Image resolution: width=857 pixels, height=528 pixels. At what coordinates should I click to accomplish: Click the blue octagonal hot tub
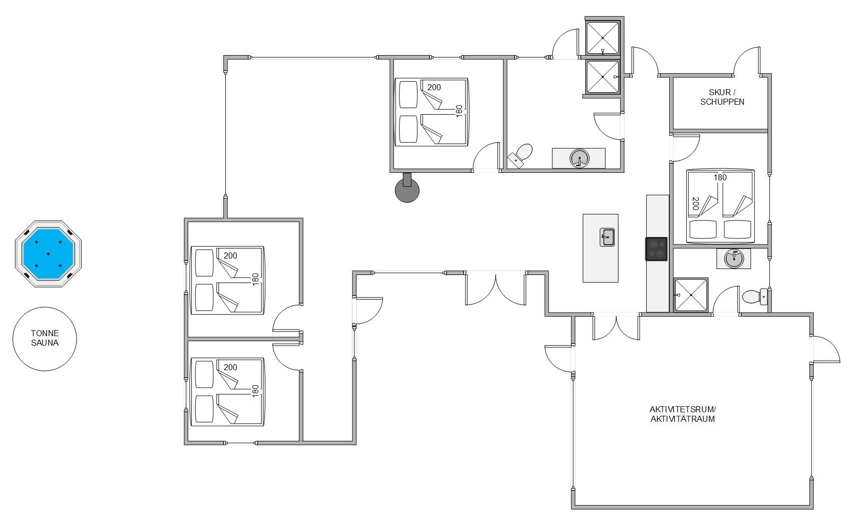48,254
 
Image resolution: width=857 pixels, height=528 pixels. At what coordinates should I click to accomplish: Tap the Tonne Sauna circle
45,339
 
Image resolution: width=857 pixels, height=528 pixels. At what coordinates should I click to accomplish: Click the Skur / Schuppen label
722,97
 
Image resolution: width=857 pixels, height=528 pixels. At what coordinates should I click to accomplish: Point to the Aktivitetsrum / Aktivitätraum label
682,414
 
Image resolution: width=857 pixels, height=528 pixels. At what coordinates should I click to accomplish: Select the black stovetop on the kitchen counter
657,249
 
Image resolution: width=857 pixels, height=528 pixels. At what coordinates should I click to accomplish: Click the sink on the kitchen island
607,237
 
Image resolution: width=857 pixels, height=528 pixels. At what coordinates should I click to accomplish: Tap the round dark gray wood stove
407,188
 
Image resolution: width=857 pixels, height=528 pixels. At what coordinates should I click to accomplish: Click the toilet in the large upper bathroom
521,155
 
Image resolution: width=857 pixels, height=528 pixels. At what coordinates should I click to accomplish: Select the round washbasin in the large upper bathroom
579,158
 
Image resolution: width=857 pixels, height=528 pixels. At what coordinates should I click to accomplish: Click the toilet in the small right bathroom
755,297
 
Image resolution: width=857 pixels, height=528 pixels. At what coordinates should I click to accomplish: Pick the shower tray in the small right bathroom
691,295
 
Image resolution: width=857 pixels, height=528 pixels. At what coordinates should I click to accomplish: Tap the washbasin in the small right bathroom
734,258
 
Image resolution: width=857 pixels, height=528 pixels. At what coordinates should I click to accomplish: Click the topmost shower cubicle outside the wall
603,38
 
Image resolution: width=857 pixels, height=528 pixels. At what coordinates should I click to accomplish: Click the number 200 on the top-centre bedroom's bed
434,87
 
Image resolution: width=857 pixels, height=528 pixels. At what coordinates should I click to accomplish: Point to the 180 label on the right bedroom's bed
720,178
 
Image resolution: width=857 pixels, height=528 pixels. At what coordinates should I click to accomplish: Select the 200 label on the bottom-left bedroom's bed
230,367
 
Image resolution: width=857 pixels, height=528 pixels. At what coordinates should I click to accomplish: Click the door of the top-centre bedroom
487,156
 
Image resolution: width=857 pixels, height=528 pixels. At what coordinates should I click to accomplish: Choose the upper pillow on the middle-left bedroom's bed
204,262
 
